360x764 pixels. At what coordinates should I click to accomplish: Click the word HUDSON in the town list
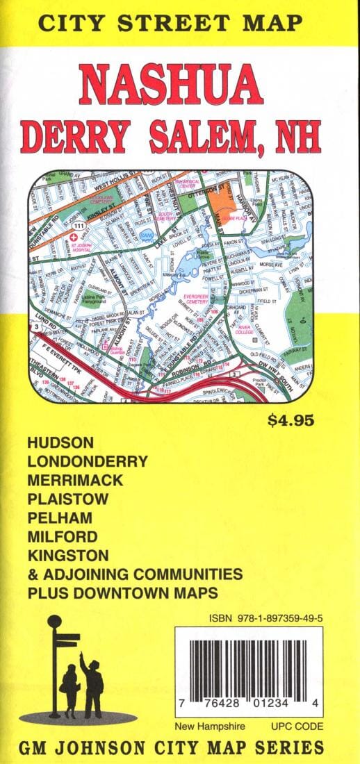point(61,442)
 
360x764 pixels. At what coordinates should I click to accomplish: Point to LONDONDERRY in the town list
point(88,461)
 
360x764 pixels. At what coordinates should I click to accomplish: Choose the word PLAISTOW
point(68,499)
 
